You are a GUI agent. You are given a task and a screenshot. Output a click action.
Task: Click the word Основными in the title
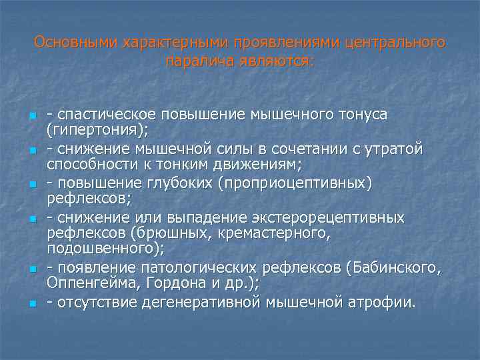[75, 43]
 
